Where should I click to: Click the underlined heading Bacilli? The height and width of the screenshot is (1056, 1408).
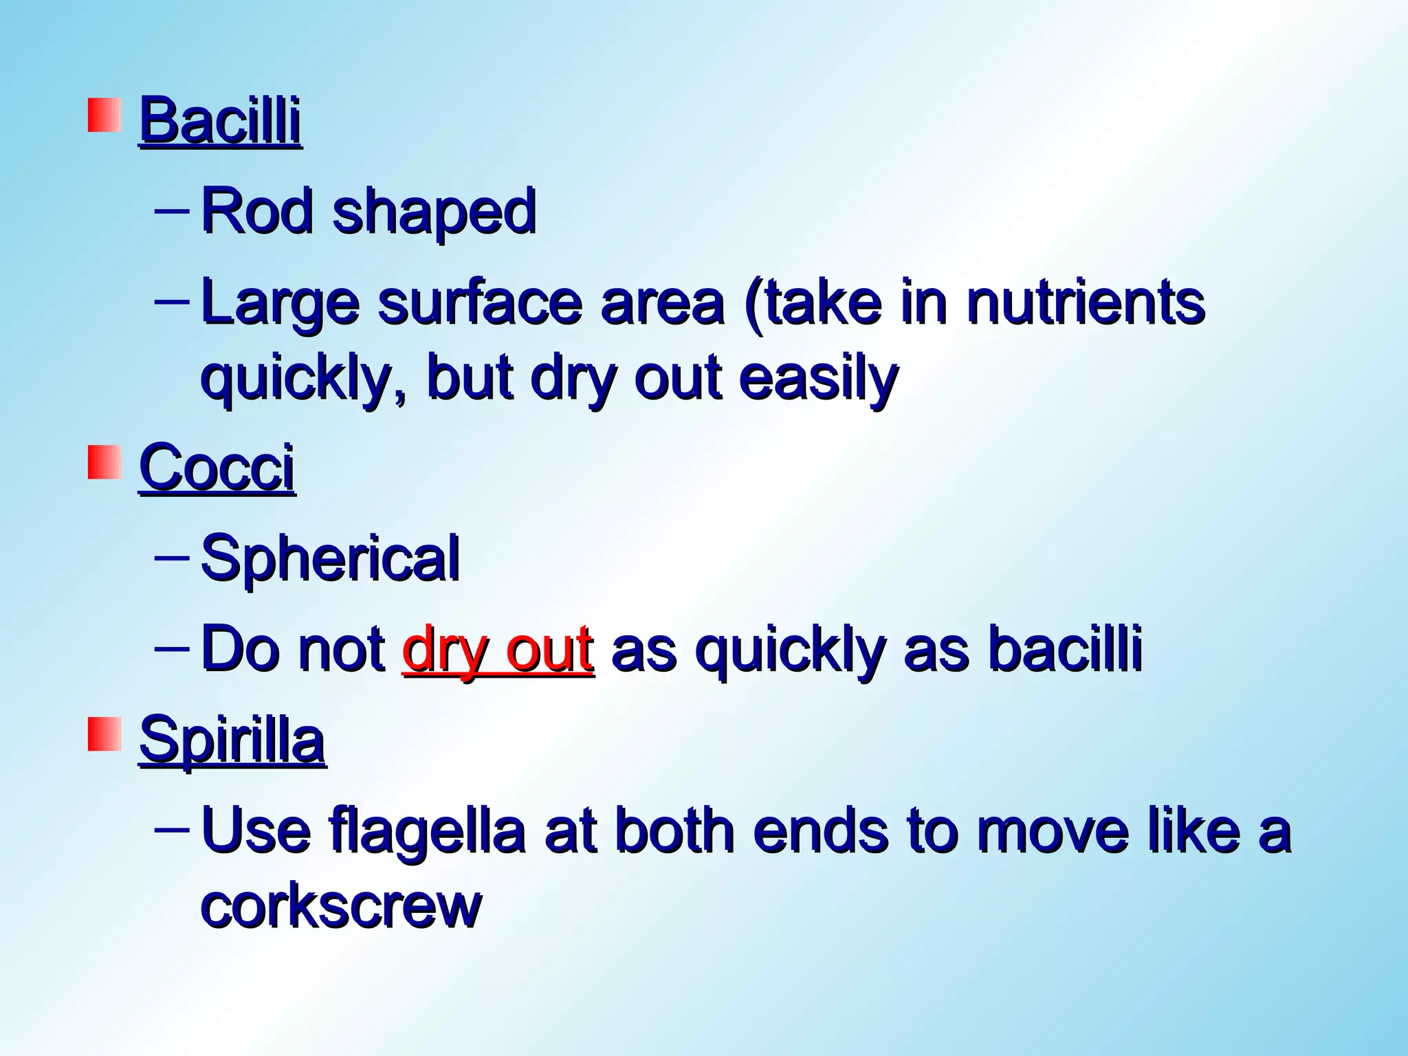click(220, 122)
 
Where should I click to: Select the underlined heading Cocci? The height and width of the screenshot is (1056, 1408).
click(217, 468)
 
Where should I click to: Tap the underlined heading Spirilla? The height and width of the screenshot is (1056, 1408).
click(232, 740)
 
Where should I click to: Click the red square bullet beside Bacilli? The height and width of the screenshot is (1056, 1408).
click(104, 115)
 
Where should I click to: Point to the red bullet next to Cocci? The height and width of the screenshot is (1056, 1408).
click(104, 462)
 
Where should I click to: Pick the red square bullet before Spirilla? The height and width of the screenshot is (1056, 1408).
click(104, 734)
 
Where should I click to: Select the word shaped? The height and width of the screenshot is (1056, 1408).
click(434, 213)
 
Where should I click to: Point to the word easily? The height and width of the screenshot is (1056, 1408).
click(818, 379)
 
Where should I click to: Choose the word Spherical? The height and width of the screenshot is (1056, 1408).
click(330, 558)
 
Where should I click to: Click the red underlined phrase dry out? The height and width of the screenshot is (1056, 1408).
click(498, 650)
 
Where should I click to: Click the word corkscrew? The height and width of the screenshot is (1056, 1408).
click(341, 905)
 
